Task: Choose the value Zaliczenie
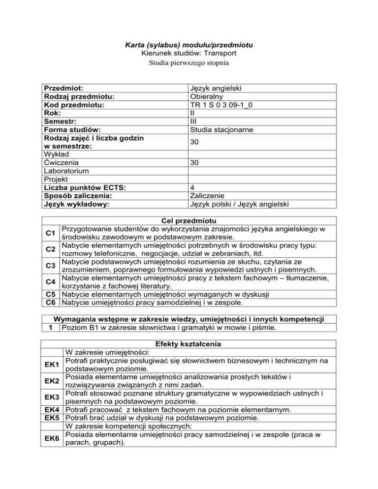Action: click(207, 196)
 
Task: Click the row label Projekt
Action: click(56, 179)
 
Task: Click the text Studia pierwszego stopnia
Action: click(189, 62)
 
